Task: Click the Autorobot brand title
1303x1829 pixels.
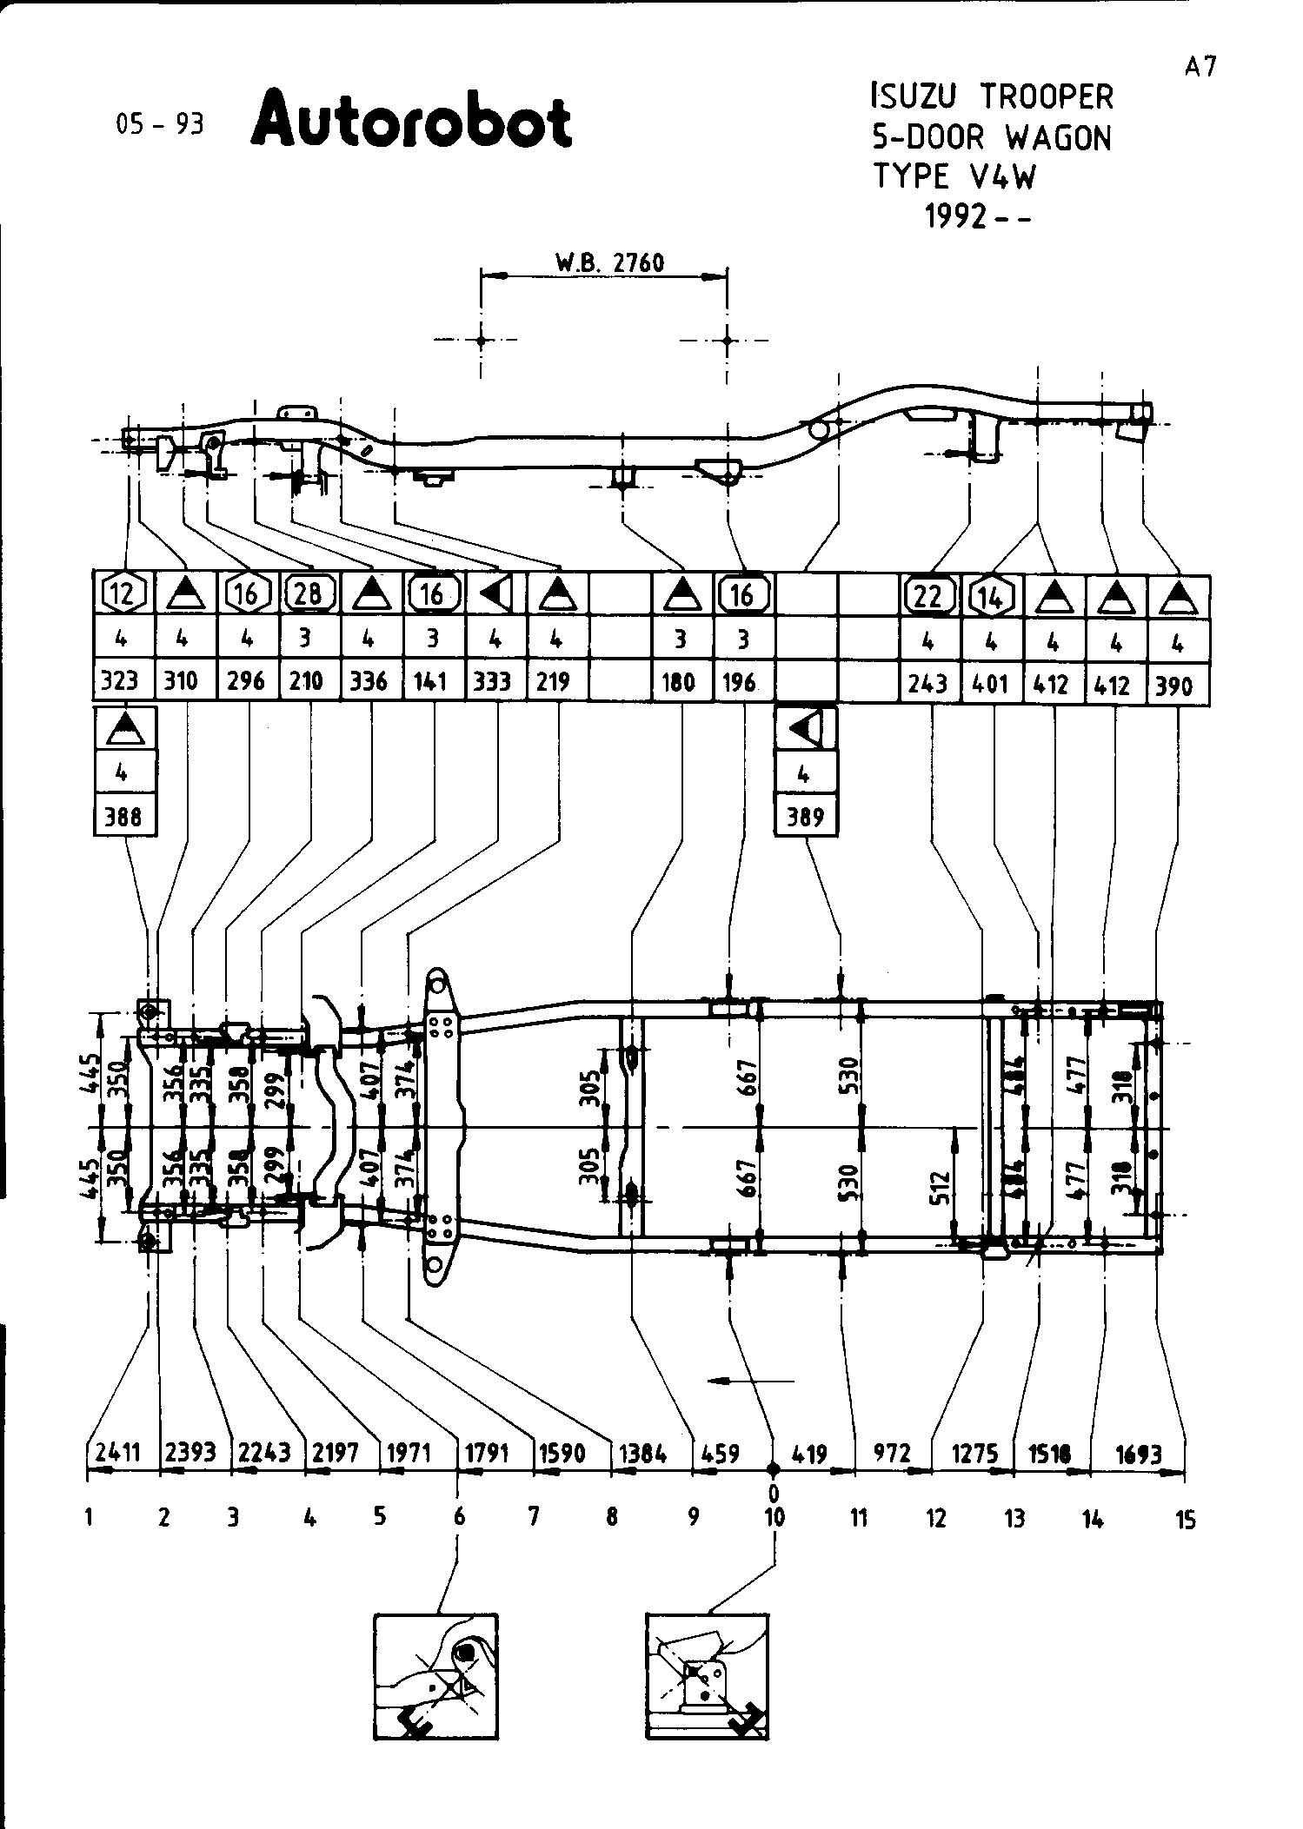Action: pos(411,122)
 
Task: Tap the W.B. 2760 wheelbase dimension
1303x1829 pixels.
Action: pos(608,262)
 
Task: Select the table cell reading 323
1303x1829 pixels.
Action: pos(120,680)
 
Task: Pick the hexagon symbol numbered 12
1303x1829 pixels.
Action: pos(123,594)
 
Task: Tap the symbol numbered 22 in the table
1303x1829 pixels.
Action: pos(927,596)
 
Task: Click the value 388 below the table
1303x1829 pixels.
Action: pos(124,817)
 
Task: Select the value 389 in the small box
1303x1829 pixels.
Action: pos(805,817)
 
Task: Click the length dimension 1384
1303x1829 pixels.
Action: pos(642,1453)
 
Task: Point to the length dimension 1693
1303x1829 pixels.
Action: pos(1137,1453)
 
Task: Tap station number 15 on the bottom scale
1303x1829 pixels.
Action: pos(1186,1520)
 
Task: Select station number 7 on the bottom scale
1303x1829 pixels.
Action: pos(534,1517)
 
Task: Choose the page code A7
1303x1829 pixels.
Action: pos(1200,67)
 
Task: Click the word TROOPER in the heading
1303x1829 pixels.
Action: pos(1047,97)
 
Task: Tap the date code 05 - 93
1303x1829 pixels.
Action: pos(159,125)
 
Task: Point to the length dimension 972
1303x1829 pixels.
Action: pos(892,1453)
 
